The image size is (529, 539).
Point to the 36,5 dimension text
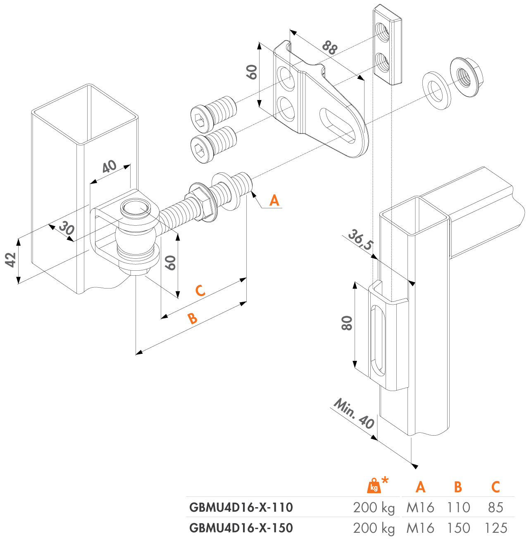point(360,240)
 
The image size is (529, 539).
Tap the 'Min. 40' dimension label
point(353,414)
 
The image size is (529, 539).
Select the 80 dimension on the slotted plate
point(347,323)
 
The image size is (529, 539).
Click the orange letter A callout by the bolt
point(274,200)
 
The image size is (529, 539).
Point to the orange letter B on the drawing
point(192,318)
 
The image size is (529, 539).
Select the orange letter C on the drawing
point(200,291)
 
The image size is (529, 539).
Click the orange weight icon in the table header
point(374,486)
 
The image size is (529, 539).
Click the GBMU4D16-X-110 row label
point(241,507)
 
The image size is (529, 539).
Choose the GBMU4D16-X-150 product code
point(241,528)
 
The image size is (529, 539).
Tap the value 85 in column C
point(495,507)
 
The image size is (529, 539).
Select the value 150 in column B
point(458,528)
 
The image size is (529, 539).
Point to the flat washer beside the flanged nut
point(437,91)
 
